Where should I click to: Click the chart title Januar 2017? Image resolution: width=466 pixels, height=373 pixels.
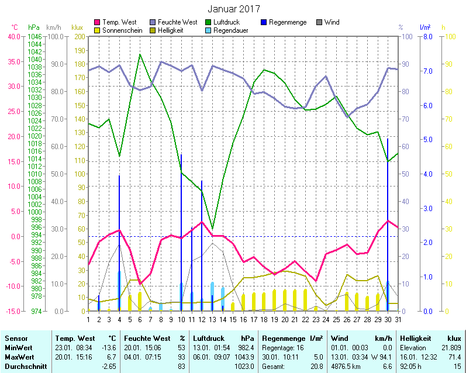(233, 9)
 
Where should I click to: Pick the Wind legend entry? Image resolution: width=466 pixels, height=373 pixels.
(331, 22)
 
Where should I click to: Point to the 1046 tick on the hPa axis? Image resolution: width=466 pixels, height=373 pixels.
(34, 36)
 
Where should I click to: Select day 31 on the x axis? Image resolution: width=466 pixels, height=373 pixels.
(398, 319)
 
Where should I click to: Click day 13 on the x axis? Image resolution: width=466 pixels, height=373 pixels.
(212, 319)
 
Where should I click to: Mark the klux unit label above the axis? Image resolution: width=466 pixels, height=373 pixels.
(77, 27)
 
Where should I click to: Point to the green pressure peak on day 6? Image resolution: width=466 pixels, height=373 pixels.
(140, 54)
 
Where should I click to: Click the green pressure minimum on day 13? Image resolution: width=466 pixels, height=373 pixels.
(212, 229)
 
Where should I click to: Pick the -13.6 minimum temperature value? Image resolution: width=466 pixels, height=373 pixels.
(109, 347)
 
